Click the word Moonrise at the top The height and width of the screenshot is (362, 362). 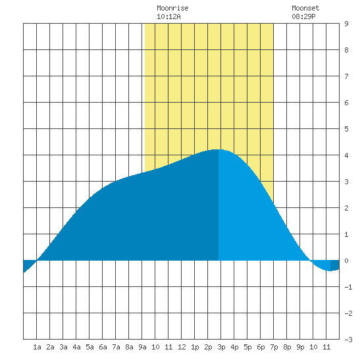(172, 8)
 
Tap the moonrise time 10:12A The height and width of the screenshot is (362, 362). (168, 16)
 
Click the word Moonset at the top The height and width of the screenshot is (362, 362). (305, 8)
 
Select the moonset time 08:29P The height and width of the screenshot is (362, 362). (303, 16)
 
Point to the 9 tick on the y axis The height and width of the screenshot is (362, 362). (346, 24)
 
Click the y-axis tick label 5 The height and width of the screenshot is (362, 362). (346, 129)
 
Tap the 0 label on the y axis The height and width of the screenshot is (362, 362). (346, 261)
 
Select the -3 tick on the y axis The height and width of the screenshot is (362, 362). (348, 340)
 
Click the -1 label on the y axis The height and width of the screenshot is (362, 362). (348, 287)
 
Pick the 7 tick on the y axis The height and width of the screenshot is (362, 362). (346, 76)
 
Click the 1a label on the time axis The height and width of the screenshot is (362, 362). (37, 347)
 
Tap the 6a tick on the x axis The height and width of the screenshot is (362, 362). (103, 347)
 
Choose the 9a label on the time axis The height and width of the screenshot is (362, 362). (142, 347)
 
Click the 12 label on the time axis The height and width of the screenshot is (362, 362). (182, 347)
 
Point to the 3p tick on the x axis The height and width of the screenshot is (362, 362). (221, 347)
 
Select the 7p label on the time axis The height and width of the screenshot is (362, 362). (274, 347)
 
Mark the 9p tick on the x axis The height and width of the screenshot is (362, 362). (300, 347)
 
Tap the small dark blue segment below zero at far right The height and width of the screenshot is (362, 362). (335, 265)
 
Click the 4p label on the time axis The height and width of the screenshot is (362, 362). (234, 347)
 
